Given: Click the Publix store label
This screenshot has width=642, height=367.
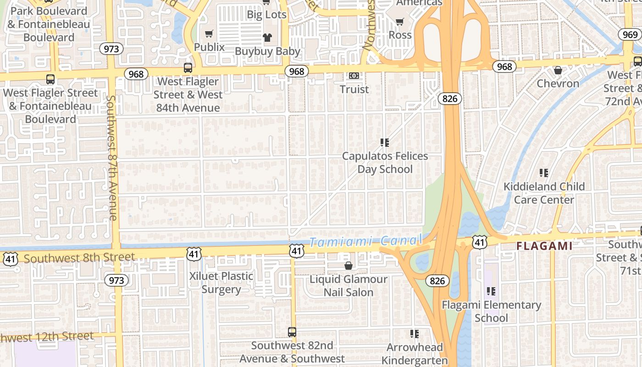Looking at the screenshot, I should click(209, 47).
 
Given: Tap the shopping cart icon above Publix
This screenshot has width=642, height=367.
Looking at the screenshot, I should click(209, 33).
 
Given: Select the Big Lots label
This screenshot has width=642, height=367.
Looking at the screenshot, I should click(266, 14).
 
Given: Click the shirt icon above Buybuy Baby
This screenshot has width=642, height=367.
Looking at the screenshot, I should click(267, 38).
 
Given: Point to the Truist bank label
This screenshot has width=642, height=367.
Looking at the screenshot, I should click(354, 89).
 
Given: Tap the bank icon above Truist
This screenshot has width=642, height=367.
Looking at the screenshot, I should click(354, 75).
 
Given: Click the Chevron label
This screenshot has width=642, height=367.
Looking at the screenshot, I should click(558, 83).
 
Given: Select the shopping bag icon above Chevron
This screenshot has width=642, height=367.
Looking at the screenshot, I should click(558, 70).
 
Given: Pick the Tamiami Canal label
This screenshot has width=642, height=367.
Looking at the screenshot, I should click(365, 241).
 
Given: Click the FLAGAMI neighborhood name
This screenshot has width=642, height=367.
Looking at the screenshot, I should click(544, 246).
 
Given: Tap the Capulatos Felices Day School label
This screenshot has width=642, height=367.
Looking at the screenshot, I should click(385, 162).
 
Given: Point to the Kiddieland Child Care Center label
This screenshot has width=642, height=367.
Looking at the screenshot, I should click(544, 193).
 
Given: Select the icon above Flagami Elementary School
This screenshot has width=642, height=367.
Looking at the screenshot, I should click(491, 291).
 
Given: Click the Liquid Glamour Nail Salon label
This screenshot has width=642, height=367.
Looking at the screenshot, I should click(349, 285).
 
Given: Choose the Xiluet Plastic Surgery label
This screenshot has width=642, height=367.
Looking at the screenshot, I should click(221, 282).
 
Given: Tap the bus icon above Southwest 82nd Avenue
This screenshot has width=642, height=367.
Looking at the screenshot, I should click(292, 332).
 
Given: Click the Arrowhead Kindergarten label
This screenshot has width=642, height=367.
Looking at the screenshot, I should click(415, 354).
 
